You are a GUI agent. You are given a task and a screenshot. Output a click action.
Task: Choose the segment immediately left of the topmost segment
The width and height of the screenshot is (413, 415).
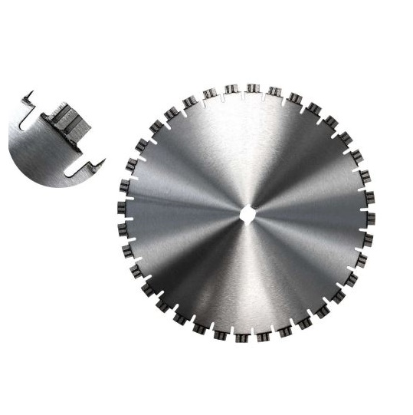tap(231, 91)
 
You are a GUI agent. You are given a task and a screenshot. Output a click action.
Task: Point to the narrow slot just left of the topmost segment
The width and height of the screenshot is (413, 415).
tap(241, 95)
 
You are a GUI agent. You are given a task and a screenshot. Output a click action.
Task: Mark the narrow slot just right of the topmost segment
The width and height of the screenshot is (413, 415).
tap(263, 95)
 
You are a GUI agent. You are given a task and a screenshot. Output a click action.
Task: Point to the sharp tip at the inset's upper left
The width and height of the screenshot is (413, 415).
tap(28, 95)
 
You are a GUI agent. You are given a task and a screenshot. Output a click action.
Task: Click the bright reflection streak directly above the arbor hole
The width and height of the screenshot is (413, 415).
tap(247, 153)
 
